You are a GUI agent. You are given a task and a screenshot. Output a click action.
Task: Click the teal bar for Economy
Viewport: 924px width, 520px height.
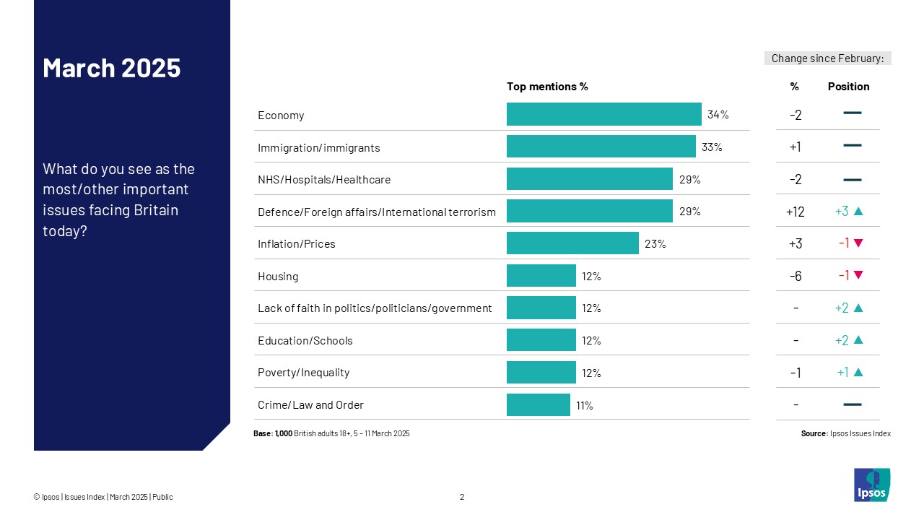603,114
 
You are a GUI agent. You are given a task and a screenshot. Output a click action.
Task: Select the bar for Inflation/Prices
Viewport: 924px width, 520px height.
572,243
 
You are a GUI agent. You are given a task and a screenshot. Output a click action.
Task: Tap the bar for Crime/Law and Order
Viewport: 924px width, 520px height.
538,404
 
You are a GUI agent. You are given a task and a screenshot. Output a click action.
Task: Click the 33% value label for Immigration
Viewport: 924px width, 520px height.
711,147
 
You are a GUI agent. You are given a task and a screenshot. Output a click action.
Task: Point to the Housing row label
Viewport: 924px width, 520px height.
278,276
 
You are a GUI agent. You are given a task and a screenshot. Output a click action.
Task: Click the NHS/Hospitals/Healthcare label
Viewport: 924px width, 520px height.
324,179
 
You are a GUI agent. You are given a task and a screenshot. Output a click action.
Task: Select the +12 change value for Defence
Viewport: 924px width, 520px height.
795,212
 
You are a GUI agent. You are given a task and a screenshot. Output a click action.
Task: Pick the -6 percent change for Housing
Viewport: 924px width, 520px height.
795,276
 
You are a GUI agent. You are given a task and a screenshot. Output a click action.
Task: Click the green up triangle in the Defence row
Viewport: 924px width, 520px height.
858,212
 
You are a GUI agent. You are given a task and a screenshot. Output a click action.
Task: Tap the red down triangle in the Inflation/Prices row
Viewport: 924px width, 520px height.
858,243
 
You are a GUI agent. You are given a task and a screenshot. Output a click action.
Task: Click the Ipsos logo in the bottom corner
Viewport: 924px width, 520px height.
872,485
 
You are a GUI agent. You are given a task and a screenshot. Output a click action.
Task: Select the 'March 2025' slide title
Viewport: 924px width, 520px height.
112,68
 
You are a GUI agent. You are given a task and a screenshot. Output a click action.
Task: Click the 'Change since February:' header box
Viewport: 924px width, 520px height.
827,58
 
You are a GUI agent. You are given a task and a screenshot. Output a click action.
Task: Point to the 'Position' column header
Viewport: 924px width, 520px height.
848,87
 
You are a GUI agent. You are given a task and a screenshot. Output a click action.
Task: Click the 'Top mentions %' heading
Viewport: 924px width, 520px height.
547,87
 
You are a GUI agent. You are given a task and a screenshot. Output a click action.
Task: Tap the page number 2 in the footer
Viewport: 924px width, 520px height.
462,497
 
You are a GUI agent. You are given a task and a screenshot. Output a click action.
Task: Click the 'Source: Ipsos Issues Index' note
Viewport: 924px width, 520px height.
845,433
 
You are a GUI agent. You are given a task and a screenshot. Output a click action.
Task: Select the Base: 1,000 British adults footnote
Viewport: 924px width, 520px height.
331,433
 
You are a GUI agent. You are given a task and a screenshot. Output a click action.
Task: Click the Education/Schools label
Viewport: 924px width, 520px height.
305,340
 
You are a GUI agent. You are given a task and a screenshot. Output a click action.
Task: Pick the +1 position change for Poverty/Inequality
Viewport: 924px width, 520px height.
842,373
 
